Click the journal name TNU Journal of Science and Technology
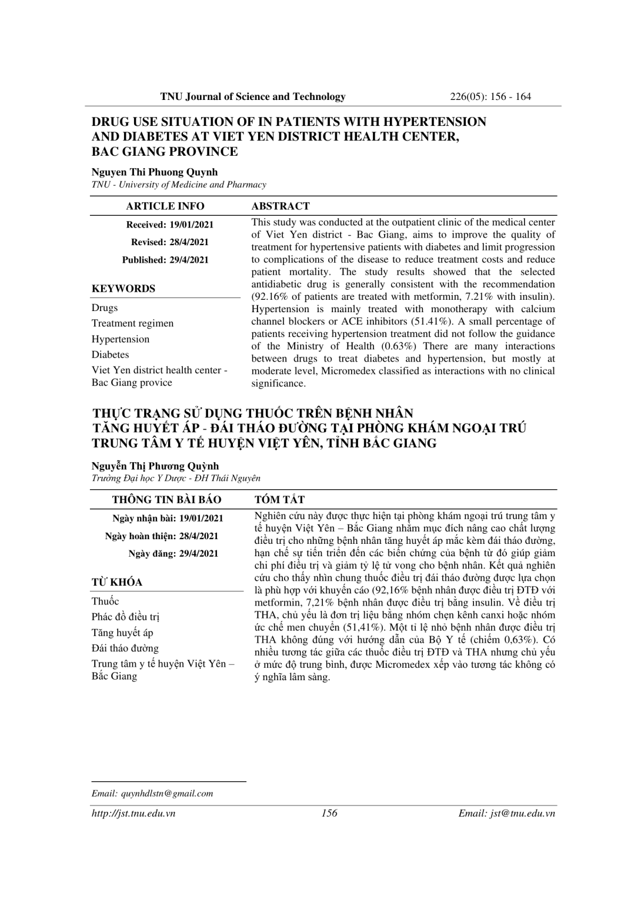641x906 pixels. (x=253, y=96)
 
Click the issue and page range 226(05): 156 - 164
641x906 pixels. (x=490, y=96)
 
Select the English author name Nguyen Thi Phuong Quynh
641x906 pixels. (x=155, y=172)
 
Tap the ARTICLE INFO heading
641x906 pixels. (x=165, y=206)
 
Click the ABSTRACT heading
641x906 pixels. (x=281, y=206)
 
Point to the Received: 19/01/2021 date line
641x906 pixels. (x=170, y=225)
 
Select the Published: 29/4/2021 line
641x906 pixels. (x=165, y=260)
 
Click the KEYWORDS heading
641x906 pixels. (x=123, y=289)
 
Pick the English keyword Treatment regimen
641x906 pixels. (x=132, y=323)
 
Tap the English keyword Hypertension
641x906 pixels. (x=121, y=339)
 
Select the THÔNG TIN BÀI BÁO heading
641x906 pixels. (x=167, y=500)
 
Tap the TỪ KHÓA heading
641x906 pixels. (x=117, y=582)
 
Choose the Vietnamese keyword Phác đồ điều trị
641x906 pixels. (x=125, y=617)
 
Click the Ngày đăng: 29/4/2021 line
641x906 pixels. (x=173, y=553)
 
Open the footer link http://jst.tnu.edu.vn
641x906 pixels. (x=133, y=813)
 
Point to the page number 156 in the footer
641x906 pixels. (x=329, y=813)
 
